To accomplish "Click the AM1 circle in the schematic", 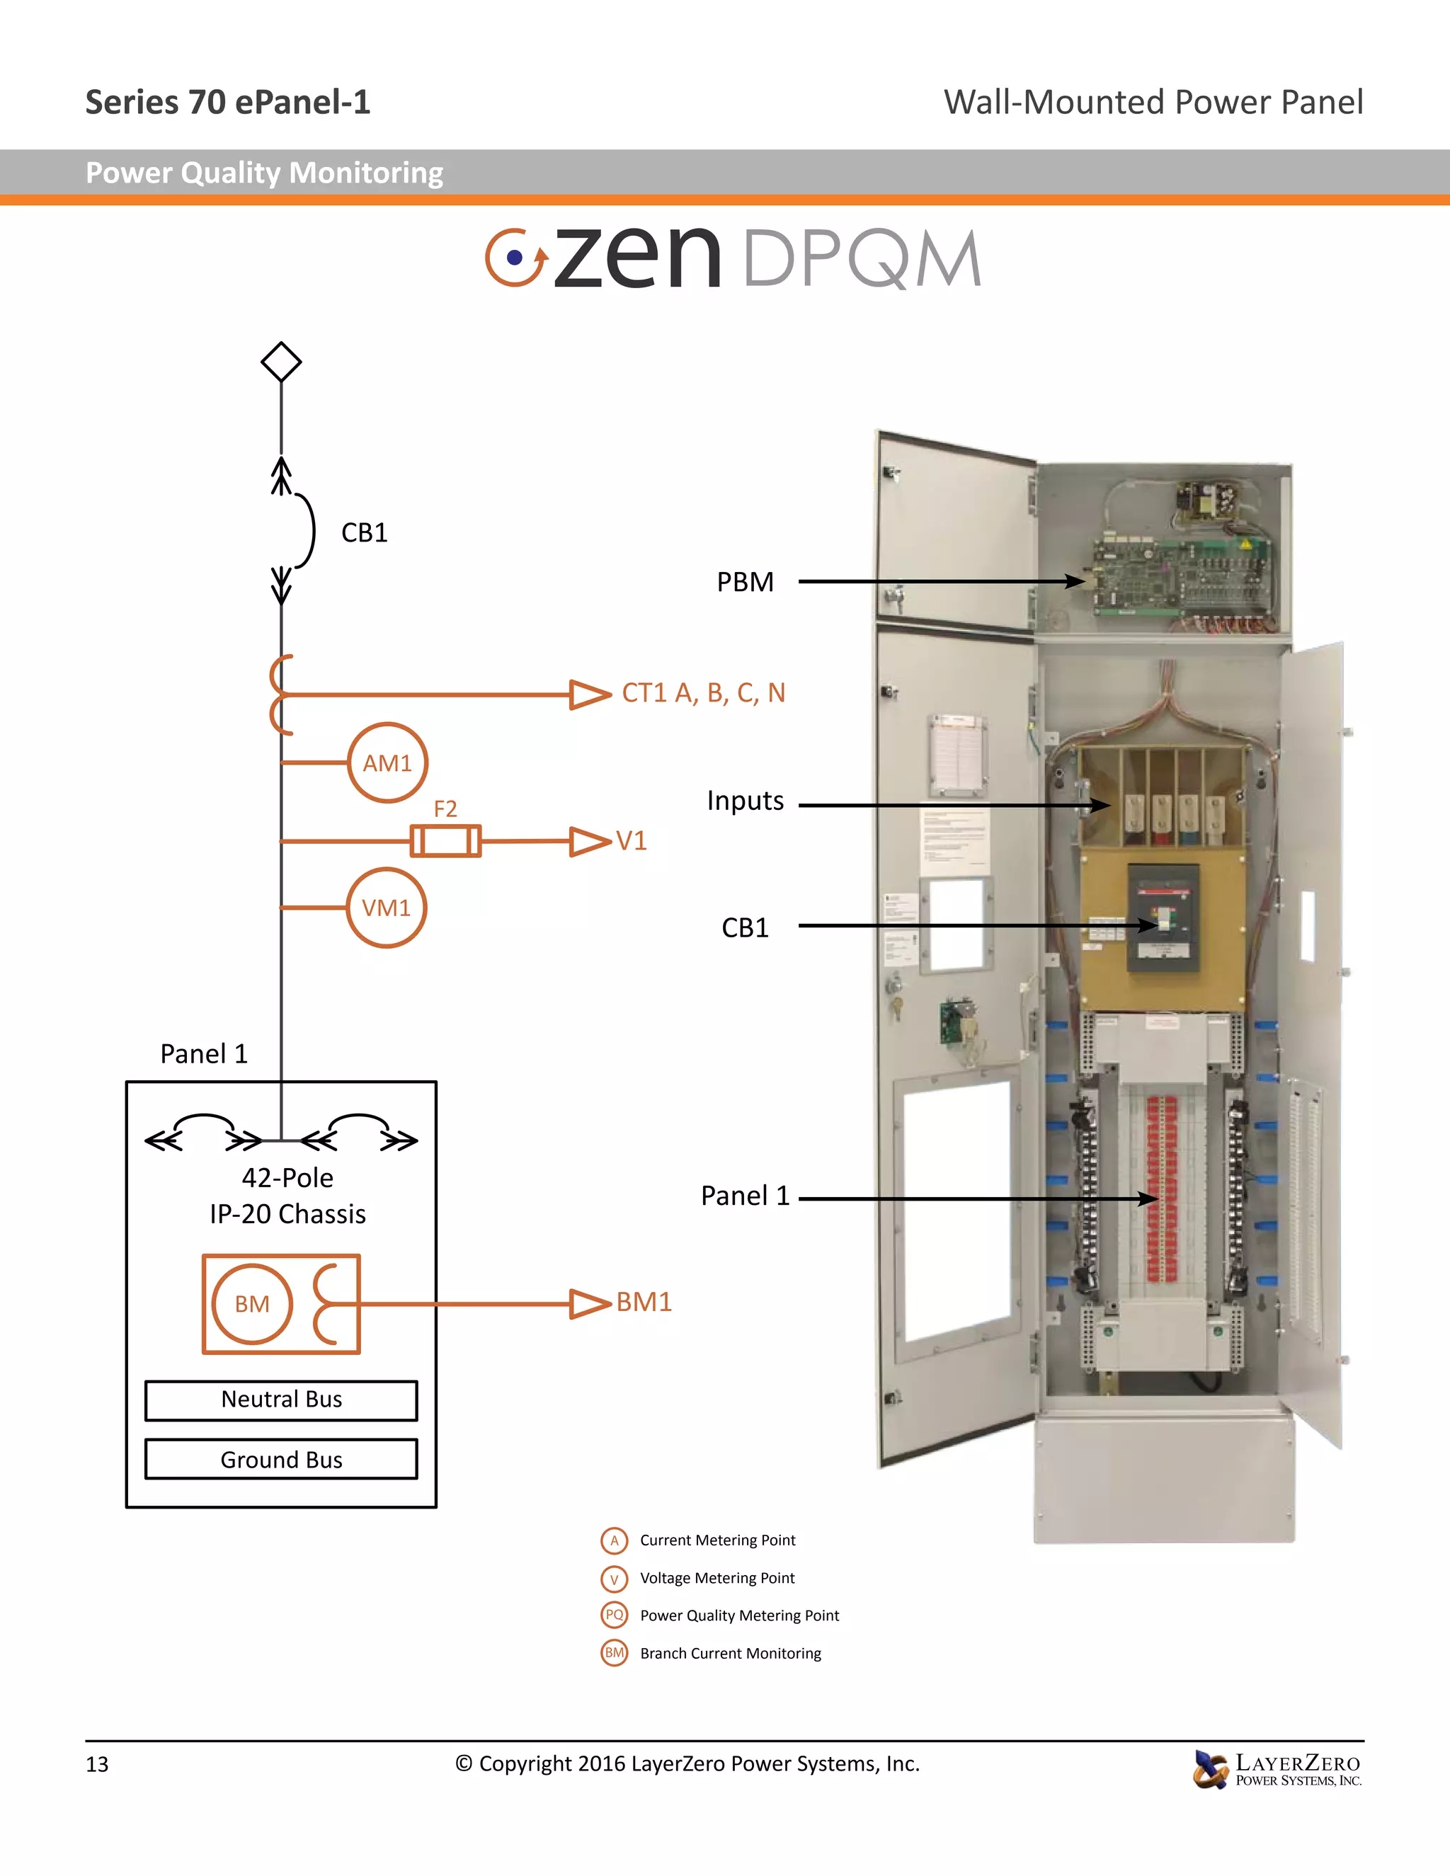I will click(387, 762).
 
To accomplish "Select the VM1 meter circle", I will click(387, 908).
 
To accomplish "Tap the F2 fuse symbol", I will click(445, 840).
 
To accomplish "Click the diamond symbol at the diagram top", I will click(281, 362).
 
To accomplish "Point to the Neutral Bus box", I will click(281, 1400).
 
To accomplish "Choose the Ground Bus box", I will click(281, 1460).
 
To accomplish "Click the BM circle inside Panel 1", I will click(251, 1304).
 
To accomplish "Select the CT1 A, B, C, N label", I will click(702, 693).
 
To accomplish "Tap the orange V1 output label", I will click(632, 841).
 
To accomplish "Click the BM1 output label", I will click(644, 1302).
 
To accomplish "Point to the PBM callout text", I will click(745, 583).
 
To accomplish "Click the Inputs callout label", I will click(745, 801).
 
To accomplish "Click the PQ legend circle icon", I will click(614, 1615).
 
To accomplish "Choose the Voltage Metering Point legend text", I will click(717, 1578).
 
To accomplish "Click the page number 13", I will click(97, 1764).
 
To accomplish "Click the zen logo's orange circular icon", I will click(515, 257).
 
